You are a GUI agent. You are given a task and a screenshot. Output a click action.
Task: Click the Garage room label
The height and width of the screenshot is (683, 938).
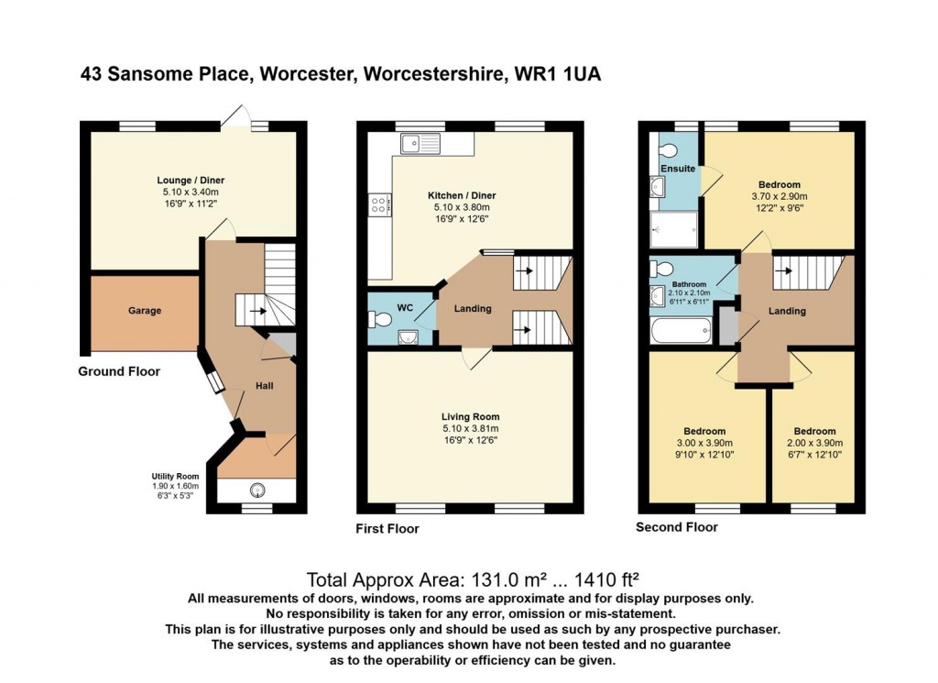click(x=144, y=311)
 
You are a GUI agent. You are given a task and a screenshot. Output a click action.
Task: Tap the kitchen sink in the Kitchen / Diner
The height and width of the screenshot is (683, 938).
click(x=420, y=144)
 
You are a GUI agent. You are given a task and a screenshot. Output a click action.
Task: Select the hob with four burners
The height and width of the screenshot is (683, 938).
click(x=380, y=205)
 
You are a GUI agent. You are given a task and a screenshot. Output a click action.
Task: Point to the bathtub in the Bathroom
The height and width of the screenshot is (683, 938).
click(x=681, y=330)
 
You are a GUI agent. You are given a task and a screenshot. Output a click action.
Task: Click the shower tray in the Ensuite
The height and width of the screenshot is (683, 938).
click(x=674, y=229)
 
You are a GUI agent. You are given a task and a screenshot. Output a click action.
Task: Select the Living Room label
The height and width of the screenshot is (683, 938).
click(x=470, y=417)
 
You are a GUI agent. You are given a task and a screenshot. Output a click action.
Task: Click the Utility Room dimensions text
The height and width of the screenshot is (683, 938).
click(x=175, y=490)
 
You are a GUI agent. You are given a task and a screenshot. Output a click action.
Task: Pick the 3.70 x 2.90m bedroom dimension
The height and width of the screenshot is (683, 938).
click(x=780, y=196)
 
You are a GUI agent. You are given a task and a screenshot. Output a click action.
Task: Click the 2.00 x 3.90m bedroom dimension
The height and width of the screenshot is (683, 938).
click(x=814, y=443)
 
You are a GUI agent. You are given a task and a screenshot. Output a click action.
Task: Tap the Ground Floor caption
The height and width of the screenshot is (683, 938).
click(x=119, y=371)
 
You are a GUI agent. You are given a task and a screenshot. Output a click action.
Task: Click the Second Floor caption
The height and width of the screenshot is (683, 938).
click(x=677, y=527)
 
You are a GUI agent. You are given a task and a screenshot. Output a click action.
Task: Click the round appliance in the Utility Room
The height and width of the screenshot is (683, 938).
click(x=257, y=490)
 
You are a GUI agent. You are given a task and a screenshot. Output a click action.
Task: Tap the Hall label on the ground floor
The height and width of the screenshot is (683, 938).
click(x=265, y=386)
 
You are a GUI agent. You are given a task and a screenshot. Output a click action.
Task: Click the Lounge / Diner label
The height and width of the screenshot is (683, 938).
click(x=191, y=181)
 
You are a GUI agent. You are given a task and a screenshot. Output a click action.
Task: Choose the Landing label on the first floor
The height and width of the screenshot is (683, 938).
click(x=473, y=309)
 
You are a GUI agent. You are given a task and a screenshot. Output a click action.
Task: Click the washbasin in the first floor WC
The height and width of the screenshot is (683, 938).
click(x=409, y=338)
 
